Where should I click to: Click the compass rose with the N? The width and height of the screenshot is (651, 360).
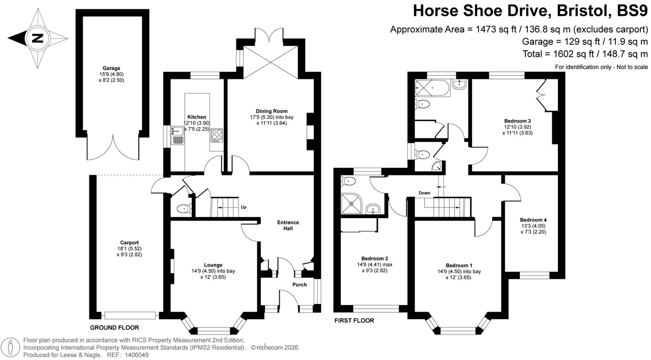pos(37,38)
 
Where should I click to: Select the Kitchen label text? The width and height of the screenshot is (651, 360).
pos(196,117)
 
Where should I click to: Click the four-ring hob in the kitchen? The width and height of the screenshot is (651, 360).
pos(217,135)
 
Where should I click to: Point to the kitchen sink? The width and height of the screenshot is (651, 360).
pos(177,136)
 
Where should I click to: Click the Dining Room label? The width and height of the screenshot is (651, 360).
pos(272,111)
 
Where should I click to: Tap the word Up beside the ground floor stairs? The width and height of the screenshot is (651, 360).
pos(244,207)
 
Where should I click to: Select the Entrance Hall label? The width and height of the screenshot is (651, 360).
pos(288,225)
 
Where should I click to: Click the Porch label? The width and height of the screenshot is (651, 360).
pos(300,285)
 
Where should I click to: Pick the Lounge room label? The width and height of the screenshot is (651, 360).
pos(213,265)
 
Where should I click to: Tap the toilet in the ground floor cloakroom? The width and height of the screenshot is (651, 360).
pos(184,208)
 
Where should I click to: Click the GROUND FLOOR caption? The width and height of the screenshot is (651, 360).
pos(114,327)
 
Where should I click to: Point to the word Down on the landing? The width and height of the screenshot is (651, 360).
pos(425,193)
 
